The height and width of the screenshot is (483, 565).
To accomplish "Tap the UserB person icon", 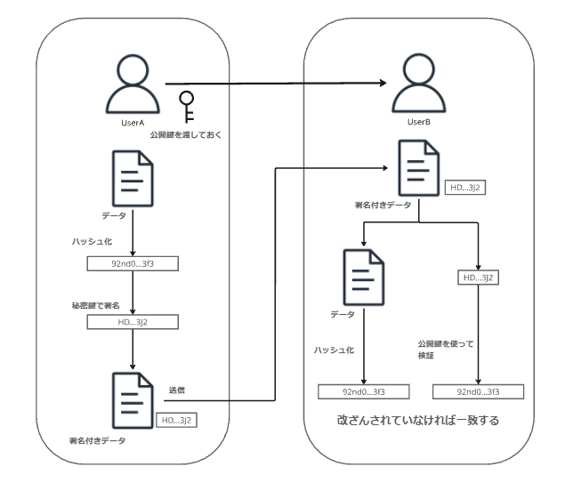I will coord(418,85).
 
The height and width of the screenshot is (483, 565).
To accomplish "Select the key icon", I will coord(187,106).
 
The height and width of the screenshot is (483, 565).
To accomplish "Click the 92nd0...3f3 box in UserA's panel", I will coord(132,263).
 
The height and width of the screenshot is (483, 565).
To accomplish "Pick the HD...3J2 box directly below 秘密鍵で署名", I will coord(132,322).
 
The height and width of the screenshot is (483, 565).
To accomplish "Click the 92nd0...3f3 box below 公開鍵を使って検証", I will coord(478,391).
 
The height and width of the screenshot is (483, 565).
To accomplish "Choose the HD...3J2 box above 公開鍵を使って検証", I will coord(478,278).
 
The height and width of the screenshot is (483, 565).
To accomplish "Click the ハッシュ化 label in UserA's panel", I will coord(92,241).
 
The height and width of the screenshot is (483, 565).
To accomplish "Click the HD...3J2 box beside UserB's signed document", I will coord(465,189).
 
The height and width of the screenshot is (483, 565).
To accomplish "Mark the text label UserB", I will coord(418,122).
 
